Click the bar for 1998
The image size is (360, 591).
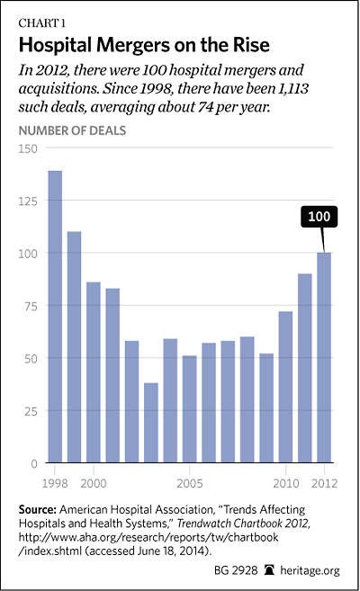pyautogui.click(x=55, y=317)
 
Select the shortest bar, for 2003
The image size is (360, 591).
pyautogui.click(x=151, y=423)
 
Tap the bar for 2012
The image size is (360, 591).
pyautogui.click(x=324, y=357)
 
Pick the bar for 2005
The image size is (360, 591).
pyautogui.click(x=190, y=409)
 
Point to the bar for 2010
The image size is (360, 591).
pyautogui.click(x=285, y=387)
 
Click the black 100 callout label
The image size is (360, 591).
pyautogui.click(x=319, y=217)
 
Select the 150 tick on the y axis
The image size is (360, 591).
pyautogui.click(x=28, y=148)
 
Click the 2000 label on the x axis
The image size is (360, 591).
pyautogui.click(x=94, y=483)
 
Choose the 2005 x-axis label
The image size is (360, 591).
pyautogui.click(x=190, y=483)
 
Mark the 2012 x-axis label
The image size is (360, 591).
pyautogui.click(x=324, y=483)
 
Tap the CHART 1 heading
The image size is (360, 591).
pyautogui.click(x=41, y=23)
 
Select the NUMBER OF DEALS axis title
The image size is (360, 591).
pyautogui.click(x=72, y=130)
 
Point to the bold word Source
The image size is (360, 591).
pyautogui.click(x=37, y=509)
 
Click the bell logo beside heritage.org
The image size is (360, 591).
pyautogui.click(x=269, y=570)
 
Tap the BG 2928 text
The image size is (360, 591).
pyautogui.click(x=236, y=570)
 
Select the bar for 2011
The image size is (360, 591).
pyautogui.click(x=305, y=368)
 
